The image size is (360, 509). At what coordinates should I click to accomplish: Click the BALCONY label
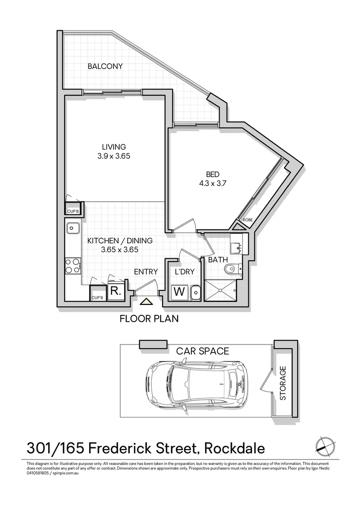coord(105,66)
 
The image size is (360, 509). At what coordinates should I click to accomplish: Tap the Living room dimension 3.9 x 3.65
coord(110,156)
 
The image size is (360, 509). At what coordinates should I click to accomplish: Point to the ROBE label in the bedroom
coord(248,220)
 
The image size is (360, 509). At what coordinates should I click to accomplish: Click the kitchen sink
coord(73,229)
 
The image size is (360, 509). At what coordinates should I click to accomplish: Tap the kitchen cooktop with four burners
coord(73,266)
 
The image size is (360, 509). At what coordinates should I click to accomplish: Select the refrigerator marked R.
coord(115,291)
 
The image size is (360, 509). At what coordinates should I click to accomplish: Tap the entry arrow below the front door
coord(147,302)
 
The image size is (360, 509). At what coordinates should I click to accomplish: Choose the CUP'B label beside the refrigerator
coord(97,297)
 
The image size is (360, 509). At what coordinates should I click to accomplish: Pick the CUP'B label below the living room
coord(73,211)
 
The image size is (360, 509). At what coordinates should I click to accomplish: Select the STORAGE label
coord(283,383)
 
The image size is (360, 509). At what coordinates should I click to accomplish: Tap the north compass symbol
coord(325,445)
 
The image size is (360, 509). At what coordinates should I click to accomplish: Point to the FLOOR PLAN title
coord(149,319)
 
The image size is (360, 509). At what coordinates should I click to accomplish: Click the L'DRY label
coord(185,271)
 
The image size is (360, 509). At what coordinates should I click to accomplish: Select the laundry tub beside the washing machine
coord(196,293)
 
